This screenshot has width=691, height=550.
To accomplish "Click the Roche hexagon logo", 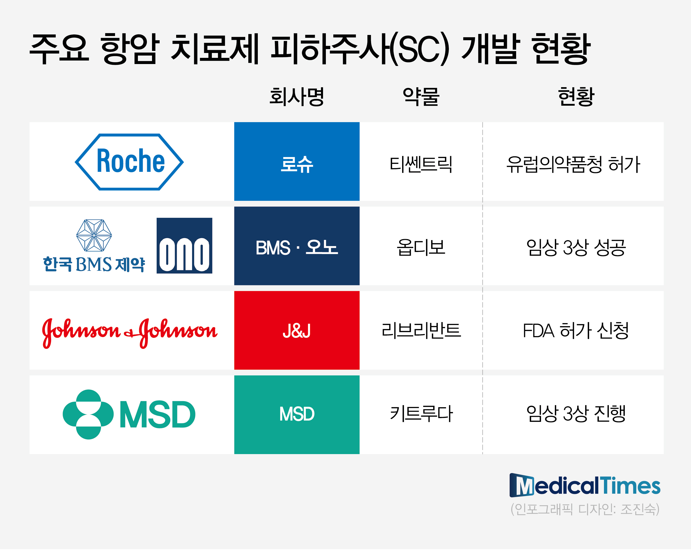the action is [129, 162].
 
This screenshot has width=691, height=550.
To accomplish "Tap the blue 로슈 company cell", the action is [297, 161].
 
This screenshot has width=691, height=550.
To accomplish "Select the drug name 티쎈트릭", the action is [421, 164].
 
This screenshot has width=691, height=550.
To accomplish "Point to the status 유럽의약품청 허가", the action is [573, 164].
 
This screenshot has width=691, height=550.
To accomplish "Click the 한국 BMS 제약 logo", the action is [94, 246].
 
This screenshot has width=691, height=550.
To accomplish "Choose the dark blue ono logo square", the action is [184, 246].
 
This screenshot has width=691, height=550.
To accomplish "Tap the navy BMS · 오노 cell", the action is [297, 246].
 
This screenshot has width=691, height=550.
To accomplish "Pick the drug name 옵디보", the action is [421, 247].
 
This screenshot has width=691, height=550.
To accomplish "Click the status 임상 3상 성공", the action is [576, 247].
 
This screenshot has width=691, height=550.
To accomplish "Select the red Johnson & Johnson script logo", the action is [130, 333].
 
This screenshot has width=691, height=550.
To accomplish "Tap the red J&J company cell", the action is [297, 330].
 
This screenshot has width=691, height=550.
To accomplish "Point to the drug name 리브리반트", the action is [421, 330].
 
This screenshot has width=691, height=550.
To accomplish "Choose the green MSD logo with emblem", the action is [129, 414].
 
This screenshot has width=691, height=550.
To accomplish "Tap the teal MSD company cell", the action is [297, 414].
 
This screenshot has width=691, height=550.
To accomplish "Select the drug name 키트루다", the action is [421, 413].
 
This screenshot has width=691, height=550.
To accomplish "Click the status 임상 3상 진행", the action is [576, 413].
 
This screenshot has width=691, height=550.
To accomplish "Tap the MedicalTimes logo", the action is [585, 485].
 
